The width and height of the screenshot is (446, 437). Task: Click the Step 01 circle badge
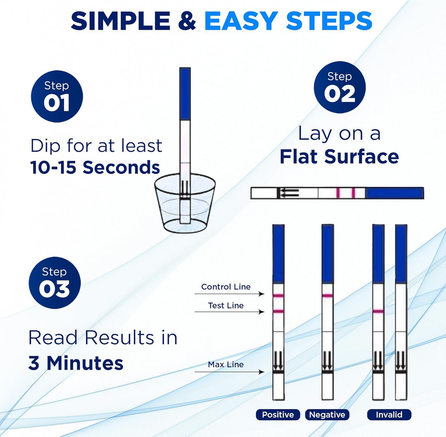tap(57, 96)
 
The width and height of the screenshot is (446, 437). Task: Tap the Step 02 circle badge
tap(339, 87)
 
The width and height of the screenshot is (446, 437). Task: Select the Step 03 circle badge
tap(54, 283)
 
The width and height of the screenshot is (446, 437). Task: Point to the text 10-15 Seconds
tap(95, 167)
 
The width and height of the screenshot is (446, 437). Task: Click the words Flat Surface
tap(339, 157)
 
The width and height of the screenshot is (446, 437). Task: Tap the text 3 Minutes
tap(76, 363)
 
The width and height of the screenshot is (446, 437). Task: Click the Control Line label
tap(225, 287)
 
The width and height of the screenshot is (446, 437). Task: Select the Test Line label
tap(226, 305)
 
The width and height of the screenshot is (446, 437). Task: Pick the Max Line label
tap(225, 364)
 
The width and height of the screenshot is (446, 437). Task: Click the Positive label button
tap(278, 415)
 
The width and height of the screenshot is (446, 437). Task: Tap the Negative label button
tap(327, 415)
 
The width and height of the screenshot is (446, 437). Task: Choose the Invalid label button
tap(389, 415)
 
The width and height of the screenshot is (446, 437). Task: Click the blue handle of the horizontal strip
tap(394, 193)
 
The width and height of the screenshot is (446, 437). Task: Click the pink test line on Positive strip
tap(278, 311)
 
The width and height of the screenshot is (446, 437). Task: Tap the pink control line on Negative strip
tap(327, 296)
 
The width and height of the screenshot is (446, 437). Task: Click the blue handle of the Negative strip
tap(327, 253)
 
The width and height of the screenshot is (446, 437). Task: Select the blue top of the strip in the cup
tap(185, 93)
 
